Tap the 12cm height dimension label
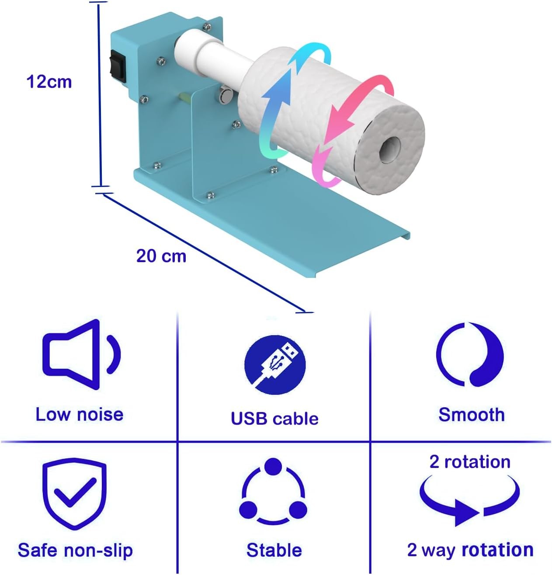pyautogui.click(x=49, y=82)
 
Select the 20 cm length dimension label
pyautogui.click(x=161, y=256)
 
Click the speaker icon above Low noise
pyautogui.click(x=82, y=354)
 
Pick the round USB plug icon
pyautogui.click(x=275, y=365)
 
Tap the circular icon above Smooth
pyautogui.click(x=470, y=354)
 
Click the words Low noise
pyautogui.click(x=80, y=414)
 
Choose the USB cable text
pyautogui.click(x=274, y=419)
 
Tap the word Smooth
pyautogui.click(x=471, y=415)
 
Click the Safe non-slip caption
pyautogui.click(x=75, y=550)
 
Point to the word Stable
pyautogui.click(x=274, y=550)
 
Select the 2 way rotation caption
pyautogui.click(x=470, y=550)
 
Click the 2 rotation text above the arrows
pyautogui.click(x=470, y=461)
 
